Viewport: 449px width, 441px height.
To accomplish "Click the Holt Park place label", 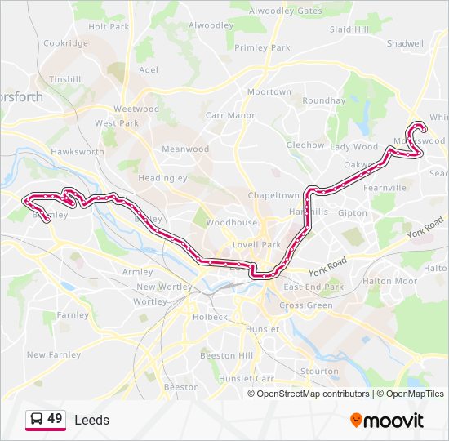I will pos(108,26).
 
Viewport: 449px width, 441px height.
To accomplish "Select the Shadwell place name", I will pos(405,43).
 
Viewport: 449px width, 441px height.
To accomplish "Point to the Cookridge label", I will pos(65,42).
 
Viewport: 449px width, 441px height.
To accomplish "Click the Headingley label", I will pos(162,178).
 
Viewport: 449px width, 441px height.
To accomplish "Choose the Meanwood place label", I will pos(185,149).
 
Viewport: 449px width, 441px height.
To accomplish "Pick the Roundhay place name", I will pos(324,100).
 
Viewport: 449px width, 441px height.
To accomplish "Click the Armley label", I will pos(136,272).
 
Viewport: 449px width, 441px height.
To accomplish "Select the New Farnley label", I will pos(54,354).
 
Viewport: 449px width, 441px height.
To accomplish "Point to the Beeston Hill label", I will pos(226,355).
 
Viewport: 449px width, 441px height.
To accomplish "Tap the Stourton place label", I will pos(319,371).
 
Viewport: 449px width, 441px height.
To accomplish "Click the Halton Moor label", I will pos(389,281).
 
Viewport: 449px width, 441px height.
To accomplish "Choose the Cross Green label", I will pos(306,305).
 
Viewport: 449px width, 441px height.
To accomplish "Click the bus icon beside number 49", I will pos(36,420).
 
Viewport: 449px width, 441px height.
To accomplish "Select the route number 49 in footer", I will pos(55,419).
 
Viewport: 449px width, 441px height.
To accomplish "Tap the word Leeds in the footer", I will pos(91,420).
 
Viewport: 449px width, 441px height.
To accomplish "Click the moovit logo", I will pos(387,421).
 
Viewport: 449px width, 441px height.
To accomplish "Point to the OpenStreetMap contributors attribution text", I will pos(313,394).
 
